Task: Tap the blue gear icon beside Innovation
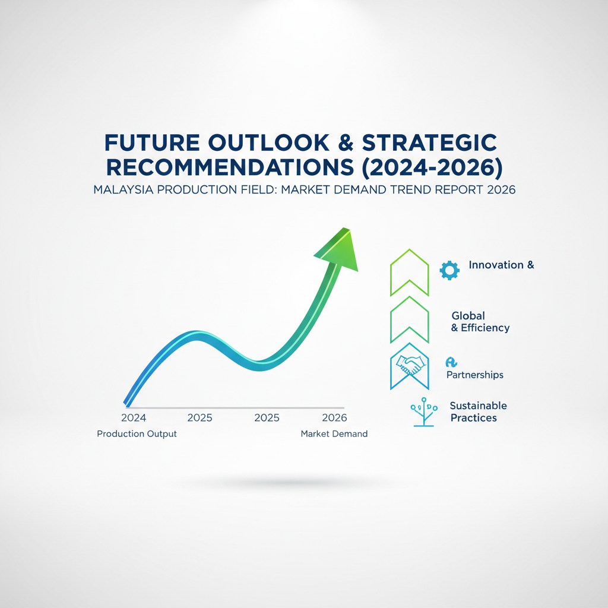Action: (x=449, y=270)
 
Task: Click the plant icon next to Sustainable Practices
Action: (x=424, y=412)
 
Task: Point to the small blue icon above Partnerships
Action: (x=451, y=362)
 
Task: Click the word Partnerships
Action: (x=475, y=375)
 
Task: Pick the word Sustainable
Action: (x=478, y=406)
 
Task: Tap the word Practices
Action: (x=473, y=418)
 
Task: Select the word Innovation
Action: (x=496, y=265)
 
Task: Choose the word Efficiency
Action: (x=485, y=328)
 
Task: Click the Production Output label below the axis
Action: (x=137, y=434)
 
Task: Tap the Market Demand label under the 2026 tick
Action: (x=334, y=434)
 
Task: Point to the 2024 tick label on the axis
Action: (x=134, y=417)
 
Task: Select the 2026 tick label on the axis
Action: (x=335, y=417)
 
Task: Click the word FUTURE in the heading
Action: (x=153, y=142)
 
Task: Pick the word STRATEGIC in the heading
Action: (x=429, y=142)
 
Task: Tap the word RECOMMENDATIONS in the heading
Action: (x=230, y=167)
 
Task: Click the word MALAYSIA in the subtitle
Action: (x=123, y=189)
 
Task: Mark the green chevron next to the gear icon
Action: (x=410, y=272)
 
